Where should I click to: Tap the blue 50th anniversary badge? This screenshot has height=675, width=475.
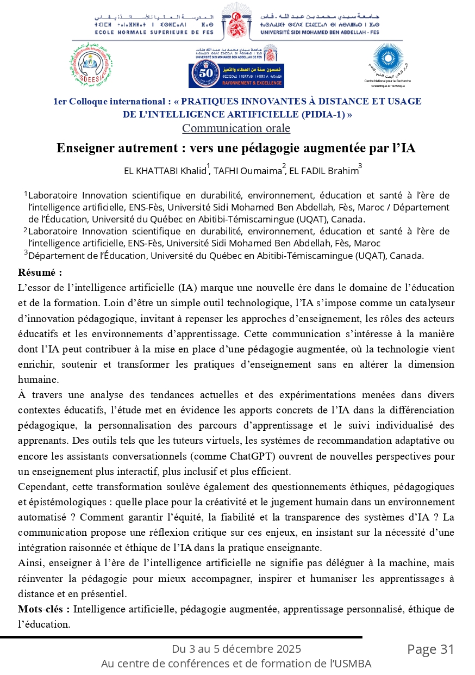click(x=236, y=75)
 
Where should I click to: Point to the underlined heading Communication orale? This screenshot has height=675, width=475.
click(x=236, y=128)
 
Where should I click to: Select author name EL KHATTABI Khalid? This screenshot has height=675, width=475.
click(x=165, y=171)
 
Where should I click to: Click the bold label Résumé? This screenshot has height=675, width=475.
click(x=40, y=272)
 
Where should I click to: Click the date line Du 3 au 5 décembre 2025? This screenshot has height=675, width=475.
click(x=236, y=649)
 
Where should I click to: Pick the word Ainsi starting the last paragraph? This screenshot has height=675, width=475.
click(x=30, y=562)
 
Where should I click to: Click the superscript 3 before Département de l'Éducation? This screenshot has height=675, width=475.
click(x=26, y=253)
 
